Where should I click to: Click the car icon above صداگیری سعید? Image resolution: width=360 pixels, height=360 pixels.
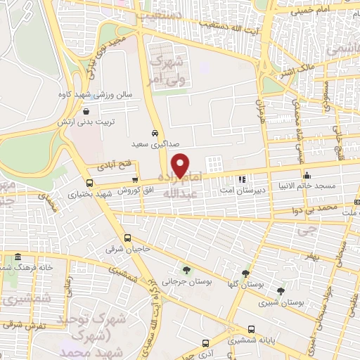tap(155, 132)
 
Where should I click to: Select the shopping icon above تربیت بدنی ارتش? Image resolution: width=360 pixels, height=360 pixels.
tap(86, 111)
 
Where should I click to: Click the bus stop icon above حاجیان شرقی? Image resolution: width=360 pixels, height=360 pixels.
tap(127, 238)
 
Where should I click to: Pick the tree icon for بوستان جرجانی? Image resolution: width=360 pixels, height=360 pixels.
tap(186, 269)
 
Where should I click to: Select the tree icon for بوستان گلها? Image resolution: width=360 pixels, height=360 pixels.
tap(245, 274)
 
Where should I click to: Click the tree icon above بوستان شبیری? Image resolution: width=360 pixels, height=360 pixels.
tap(281, 290)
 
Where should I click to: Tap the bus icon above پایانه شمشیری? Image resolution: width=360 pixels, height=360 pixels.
tap(252, 328)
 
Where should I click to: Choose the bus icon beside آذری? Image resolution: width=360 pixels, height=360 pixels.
tap(205, 344)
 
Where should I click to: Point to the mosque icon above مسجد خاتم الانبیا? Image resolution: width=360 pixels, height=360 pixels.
tap(306, 176)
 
